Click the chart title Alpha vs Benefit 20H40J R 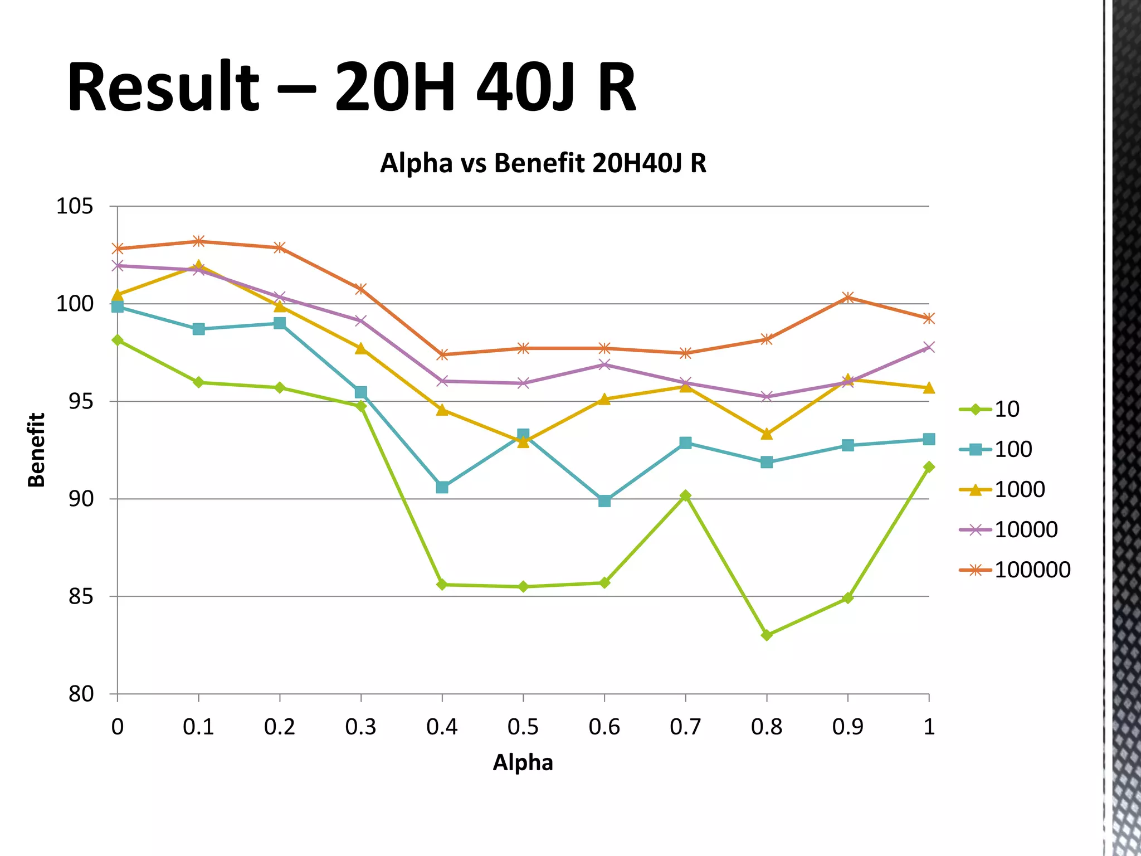pos(543,163)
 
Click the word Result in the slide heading pos(163,87)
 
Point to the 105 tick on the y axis pos(75,207)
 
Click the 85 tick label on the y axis pos(81,597)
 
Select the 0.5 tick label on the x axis pos(523,727)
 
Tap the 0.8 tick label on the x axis pos(766,727)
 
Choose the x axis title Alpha pos(523,762)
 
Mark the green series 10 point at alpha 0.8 pos(767,635)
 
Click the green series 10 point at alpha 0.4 pos(442,585)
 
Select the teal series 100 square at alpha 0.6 pos(604,501)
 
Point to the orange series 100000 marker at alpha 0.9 pos(848,297)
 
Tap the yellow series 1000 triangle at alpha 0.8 pos(767,434)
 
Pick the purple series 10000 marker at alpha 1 pos(929,347)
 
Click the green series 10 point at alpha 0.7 pos(685,495)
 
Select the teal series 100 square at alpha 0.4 pos(442,487)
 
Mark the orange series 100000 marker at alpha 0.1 pos(199,241)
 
